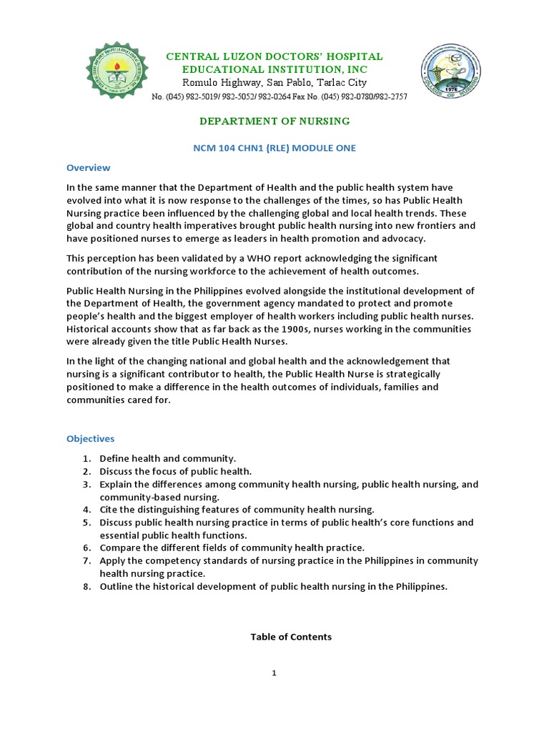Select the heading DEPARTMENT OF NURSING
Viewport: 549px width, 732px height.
pos(274,122)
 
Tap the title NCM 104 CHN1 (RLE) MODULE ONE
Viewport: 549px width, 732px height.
pos(274,148)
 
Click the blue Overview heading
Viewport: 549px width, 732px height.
pos(89,168)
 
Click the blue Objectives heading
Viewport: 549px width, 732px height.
pos(91,438)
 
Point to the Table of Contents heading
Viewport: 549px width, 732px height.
pos(291,637)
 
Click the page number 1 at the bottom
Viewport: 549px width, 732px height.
pos(274,673)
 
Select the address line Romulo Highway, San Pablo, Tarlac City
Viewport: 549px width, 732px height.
pos(274,83)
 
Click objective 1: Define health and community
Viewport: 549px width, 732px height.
pos(167,458)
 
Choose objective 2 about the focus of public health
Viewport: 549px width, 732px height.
pos(175,471)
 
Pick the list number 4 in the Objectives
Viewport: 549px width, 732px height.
pos(86,510)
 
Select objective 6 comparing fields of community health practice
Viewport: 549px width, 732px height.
pos(232,548)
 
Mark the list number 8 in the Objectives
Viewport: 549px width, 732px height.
pos(86,587)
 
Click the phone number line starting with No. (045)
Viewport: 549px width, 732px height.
pos(280,97)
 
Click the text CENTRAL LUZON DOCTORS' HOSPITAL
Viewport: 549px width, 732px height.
pos(274,56)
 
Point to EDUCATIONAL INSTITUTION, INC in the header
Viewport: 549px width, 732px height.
pos(275,69)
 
